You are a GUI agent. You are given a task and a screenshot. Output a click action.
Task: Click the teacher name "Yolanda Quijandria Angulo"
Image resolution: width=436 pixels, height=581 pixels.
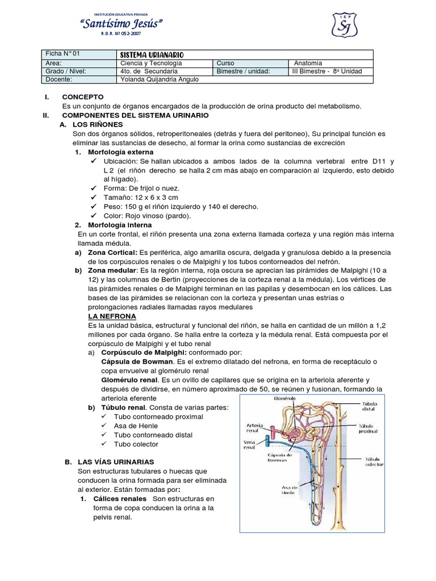tap(160, 79)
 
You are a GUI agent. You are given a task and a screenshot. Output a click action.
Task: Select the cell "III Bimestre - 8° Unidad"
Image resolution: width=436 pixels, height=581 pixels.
tap(326, 71)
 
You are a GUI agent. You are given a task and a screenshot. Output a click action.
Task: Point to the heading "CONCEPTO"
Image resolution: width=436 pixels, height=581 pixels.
tap(82, 97)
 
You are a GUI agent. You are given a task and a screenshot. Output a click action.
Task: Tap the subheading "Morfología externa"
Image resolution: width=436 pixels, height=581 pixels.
tap(120, 153)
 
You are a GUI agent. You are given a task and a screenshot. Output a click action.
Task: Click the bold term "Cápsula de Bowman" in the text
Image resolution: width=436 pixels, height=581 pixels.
tap(137, 361)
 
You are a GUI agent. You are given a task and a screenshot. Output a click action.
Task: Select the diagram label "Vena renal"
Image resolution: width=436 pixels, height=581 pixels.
tap(250, 444)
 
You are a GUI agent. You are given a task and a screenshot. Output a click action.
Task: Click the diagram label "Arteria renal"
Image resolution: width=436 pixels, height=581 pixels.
tap(254, 427)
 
